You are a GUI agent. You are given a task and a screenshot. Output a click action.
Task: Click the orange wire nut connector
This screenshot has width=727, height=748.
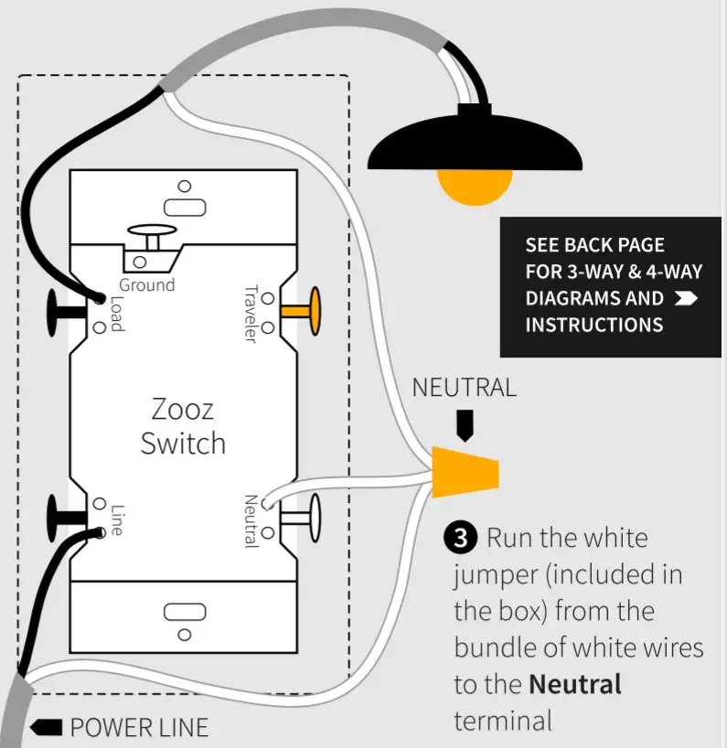[x=466, y=472]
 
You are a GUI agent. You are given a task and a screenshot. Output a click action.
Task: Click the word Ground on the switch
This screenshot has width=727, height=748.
[x=146, y=284]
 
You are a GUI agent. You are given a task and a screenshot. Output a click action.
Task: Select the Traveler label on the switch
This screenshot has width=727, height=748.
[x=249, y=314]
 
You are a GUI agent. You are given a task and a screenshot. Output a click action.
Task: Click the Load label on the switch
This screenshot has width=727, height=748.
[x=116, y=314]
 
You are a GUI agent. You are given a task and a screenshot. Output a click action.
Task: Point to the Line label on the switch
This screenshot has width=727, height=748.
[x=116, y=518]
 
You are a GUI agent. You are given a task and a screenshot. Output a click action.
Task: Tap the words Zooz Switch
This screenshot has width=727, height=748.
[x=183, y=425]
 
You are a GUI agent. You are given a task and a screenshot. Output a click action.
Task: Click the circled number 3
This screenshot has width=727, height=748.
[x=461, y=538]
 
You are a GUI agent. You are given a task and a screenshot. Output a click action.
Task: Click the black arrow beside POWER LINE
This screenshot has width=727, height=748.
[x=46, y=728]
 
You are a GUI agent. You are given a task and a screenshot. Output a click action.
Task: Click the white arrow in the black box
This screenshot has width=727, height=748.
[x=685, y=298]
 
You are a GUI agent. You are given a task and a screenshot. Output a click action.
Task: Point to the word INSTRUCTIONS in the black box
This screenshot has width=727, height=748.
[x=593, y=325]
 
